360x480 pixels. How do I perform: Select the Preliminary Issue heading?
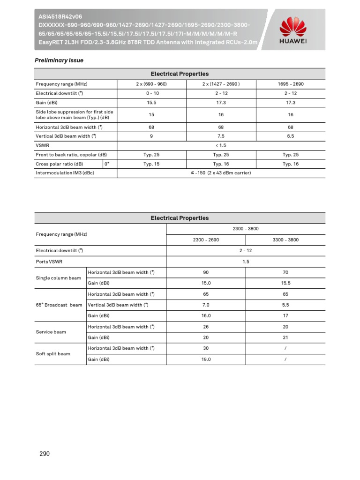click(x=59, y=60)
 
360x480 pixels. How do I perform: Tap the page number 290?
click(x=44, y=454)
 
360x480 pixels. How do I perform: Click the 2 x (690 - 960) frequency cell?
click(x=151, y=84)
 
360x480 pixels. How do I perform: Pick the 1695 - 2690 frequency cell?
click(x=291, y=84)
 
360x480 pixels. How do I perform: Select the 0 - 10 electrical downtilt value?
click(x=151, y=93)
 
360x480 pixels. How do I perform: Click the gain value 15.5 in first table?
click(x=151, y=102)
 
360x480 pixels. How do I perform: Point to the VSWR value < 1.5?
click(x=221, y=145)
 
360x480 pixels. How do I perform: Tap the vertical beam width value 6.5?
click(x=291, y=136)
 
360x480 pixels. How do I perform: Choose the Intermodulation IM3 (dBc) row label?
click(x=62, y=173)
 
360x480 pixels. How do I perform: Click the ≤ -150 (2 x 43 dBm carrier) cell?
click(x=221, y=173)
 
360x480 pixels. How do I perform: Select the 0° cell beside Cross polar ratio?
click(x=107, y=164)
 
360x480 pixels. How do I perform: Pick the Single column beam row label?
click(x=59, y=278)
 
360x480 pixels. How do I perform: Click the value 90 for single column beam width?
click(x=206, y=272)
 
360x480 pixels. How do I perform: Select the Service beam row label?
click(x=51, y=332)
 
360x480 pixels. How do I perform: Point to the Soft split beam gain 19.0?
click(x=206, y=359)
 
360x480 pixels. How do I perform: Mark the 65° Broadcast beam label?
click(x=59, y=305)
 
